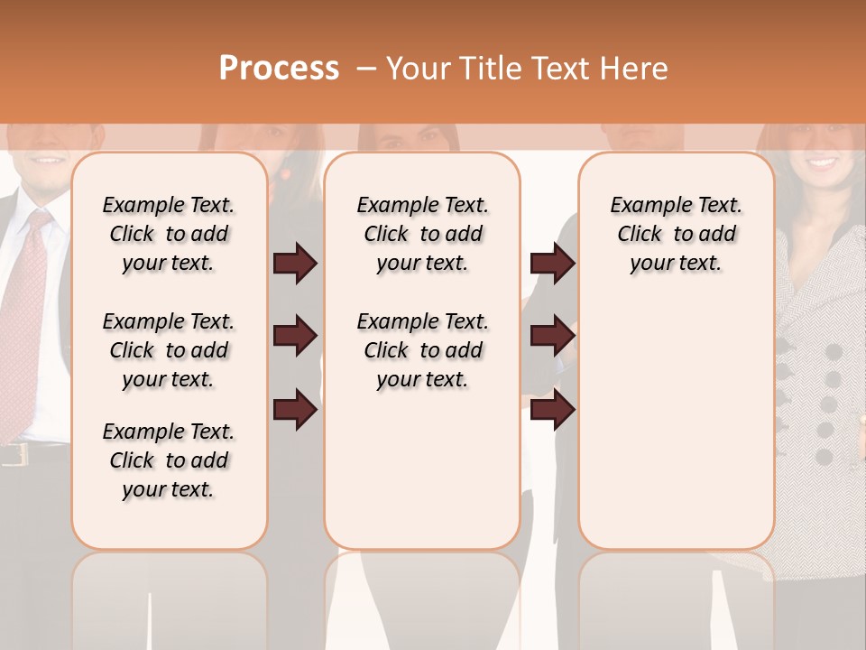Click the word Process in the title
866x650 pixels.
(x=279, y=69)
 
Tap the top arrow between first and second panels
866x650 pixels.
(x=295, y=264)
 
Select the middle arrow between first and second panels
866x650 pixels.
(x=295, y=337)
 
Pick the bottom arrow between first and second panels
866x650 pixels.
(x=295, y=410)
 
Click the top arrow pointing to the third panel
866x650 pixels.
(x=552, y=264)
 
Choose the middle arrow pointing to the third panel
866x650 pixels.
(x=552, y=337)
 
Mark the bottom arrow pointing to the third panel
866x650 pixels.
(x=552, y=410)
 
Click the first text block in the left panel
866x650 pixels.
(x=169, y=234)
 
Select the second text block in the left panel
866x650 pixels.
(x=169, y=350)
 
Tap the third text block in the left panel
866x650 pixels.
(x=169, y=460)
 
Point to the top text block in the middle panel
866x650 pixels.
(x=422, y=234)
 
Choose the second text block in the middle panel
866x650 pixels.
(x=422, y=350)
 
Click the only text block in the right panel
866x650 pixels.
(x=676, y=234)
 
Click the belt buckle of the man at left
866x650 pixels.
(x=13, y=454)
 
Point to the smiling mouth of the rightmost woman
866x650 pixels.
(x=820, y=163)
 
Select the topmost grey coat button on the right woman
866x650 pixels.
(x=834, y=350)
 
